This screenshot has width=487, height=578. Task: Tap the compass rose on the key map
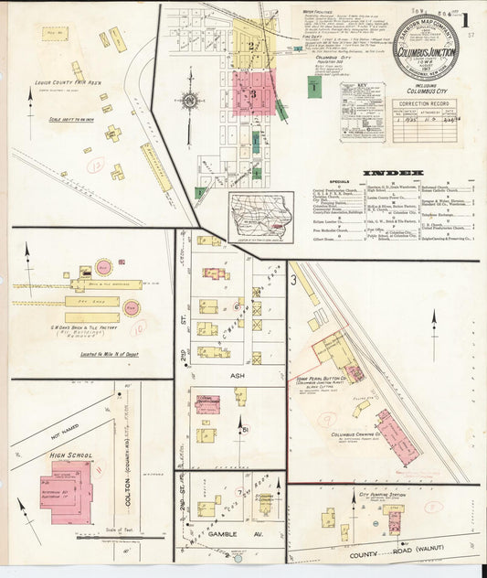coord(189,100)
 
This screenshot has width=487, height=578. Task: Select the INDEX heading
coord(393,172)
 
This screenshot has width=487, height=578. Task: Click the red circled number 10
coord(138,325)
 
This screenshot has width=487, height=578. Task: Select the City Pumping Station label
coord(383,495)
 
